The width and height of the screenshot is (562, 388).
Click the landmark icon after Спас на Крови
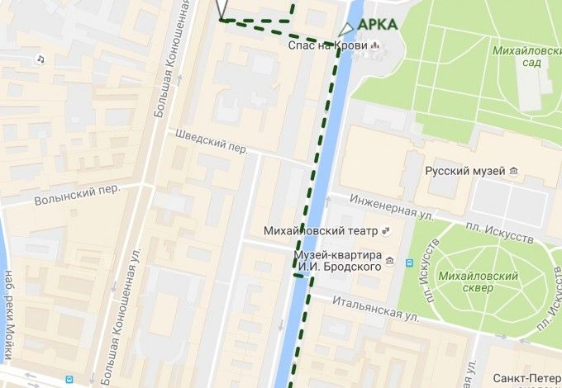[376, 45]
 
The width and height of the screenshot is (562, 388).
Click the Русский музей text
[464, 171]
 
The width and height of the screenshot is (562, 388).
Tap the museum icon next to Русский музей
[515, 171]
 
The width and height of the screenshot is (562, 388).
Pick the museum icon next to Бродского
[410, 263]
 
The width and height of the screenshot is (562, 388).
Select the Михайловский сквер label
[478, 282]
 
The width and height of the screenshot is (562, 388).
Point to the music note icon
[40, 59]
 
